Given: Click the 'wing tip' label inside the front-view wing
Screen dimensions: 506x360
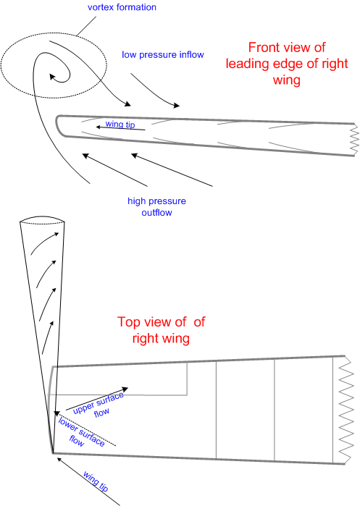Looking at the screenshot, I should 120,124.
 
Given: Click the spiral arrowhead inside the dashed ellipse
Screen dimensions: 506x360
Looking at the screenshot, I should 51,72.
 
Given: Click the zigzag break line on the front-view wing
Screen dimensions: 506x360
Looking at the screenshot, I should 353,141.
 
